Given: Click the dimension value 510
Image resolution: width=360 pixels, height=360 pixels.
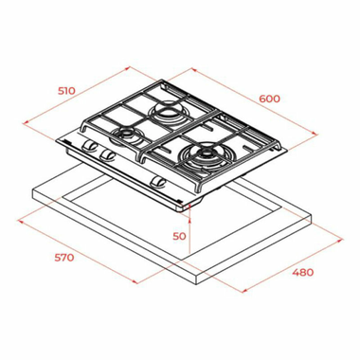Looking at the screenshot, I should click(x=65, y=91).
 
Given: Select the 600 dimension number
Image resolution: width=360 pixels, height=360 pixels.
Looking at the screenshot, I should click(x=270, y=98).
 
